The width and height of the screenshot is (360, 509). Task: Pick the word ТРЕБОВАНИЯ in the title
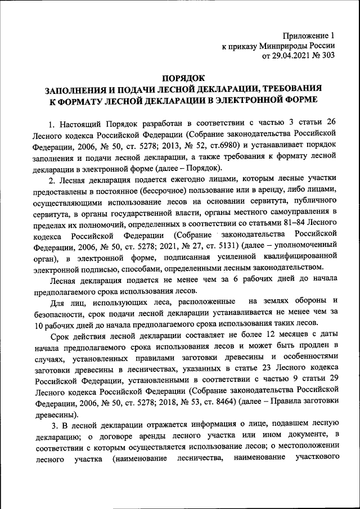[x=287, y=89]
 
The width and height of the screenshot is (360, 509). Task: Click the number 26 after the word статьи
[x=331, y=123]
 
